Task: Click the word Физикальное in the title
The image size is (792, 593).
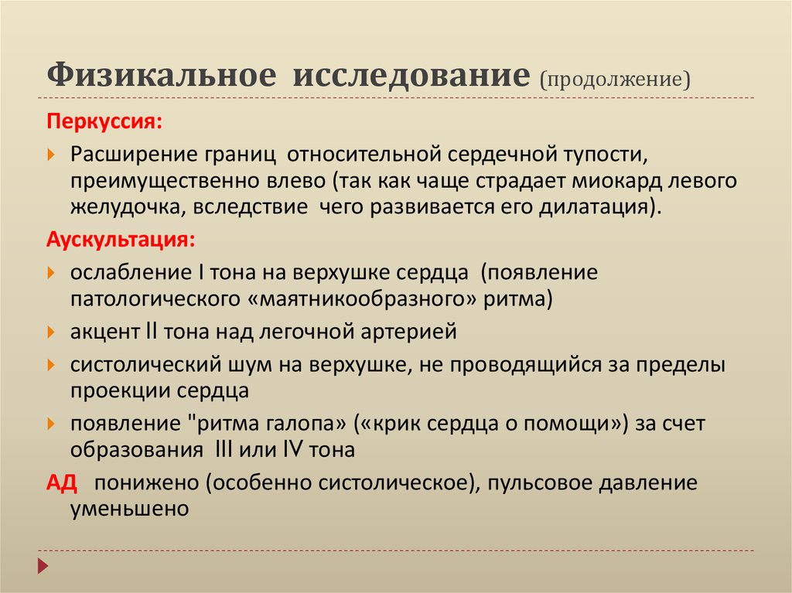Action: pos(161,76)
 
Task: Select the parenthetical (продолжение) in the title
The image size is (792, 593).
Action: pos(615,78)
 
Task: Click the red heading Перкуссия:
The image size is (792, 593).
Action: pos(105,122)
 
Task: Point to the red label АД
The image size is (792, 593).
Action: pos(61,483)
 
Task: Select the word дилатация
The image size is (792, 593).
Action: pos(596,209)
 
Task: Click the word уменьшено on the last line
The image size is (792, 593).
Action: pos(129,510)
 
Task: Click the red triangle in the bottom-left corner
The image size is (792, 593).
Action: pos(43,565)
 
